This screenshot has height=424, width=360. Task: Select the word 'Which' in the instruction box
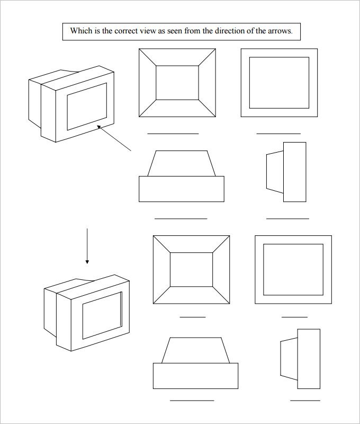(81, 31)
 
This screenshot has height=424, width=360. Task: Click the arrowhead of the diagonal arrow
(98, 127)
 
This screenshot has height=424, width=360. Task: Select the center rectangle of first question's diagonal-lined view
(177, 82)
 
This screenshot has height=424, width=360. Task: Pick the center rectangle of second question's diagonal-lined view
(192, 269)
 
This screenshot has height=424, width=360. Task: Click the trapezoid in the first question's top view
(181, 163)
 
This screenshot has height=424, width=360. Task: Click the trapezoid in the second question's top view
(195, 350)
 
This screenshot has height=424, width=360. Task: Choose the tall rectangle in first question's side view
(295, 172)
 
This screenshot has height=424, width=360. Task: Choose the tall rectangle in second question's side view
(309, 359)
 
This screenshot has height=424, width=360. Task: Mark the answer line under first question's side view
(287, 218)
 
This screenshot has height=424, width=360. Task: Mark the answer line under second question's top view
(192, 400)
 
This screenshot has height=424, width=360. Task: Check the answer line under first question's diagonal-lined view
(173, 134)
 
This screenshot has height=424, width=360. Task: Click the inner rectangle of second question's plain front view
(293, 269)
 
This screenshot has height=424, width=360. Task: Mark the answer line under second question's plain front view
(294, 317)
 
